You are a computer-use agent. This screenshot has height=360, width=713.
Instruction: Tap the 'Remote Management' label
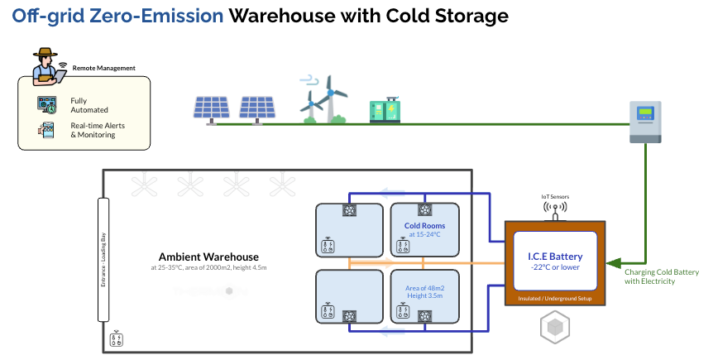point(104,68)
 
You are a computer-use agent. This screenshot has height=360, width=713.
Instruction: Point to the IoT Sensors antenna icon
point(555,211)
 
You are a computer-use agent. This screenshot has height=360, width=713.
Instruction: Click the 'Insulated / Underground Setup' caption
point(555,296)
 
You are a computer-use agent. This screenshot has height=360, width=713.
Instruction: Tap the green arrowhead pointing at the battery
point(613,264)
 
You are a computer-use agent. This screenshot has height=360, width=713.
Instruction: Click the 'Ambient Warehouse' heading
point(208,257)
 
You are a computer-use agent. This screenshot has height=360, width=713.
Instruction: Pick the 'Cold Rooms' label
point(424,226)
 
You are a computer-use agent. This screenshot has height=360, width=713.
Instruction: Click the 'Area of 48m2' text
point(425,287)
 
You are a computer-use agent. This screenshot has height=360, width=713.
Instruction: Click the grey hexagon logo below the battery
point(554,328)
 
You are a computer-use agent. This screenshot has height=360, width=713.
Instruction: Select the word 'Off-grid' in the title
point(41,16)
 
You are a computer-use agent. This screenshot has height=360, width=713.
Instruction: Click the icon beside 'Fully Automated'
point(47,105)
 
